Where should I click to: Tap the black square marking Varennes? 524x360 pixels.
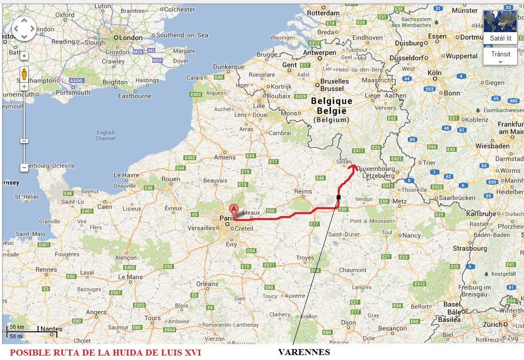pos(339,197)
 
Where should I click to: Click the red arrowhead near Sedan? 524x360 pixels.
pos(353,167)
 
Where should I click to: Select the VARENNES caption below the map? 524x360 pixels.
pos(304,352)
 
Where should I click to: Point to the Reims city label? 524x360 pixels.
pos(303,191)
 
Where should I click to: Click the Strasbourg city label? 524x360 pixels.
pos(470,248)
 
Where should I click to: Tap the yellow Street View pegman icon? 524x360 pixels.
pos(24,74)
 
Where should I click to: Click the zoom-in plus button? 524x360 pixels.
pos(24,87)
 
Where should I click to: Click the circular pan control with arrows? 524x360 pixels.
pos(24,29)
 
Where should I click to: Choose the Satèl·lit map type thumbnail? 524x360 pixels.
pos(500,28)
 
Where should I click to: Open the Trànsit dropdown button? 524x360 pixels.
pos(500,57)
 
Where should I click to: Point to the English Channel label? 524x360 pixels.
pos(106,135)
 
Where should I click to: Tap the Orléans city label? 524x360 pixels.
pos(207,284)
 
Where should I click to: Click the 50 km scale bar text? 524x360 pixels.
pos(17,327)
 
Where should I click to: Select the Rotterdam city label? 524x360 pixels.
pos(323,13)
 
